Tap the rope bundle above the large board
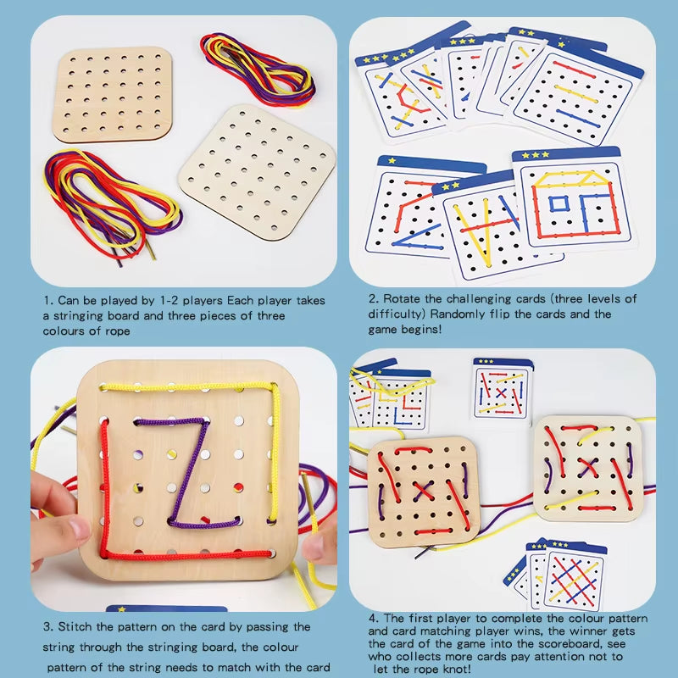pyautogui.click(x=258, y=68)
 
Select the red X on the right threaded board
pyautogui.click(x=587, y=467)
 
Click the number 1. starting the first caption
pyautogui.click(x=50, y=301)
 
